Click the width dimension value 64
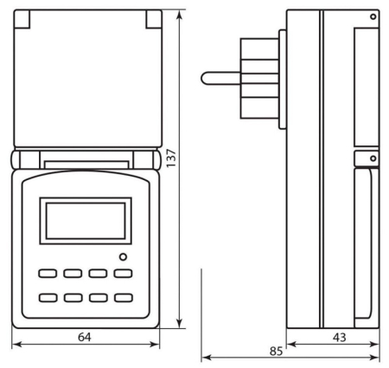tap(84, 336)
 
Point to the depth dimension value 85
tap(275, 352)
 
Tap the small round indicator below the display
tap(123, 256)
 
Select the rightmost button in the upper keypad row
tap(124, 273)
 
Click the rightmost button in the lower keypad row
tap(124, 298)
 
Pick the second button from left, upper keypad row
tap(73, 273)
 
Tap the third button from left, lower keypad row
tap(99, 298)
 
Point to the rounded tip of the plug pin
tap(204, 78)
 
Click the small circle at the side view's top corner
tap(373, 16)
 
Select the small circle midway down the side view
tap(373, 158)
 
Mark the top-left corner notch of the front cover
tap(23, 17)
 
